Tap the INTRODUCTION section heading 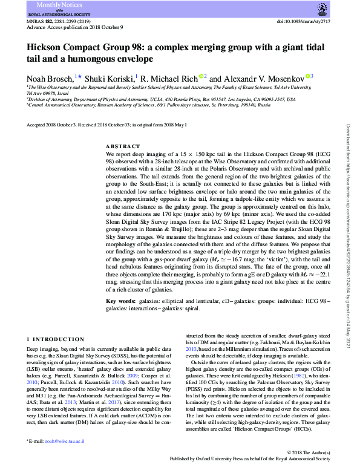(x=58, y=339)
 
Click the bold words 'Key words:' (x=119, y=301)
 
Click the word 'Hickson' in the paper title (x=48, y=47)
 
